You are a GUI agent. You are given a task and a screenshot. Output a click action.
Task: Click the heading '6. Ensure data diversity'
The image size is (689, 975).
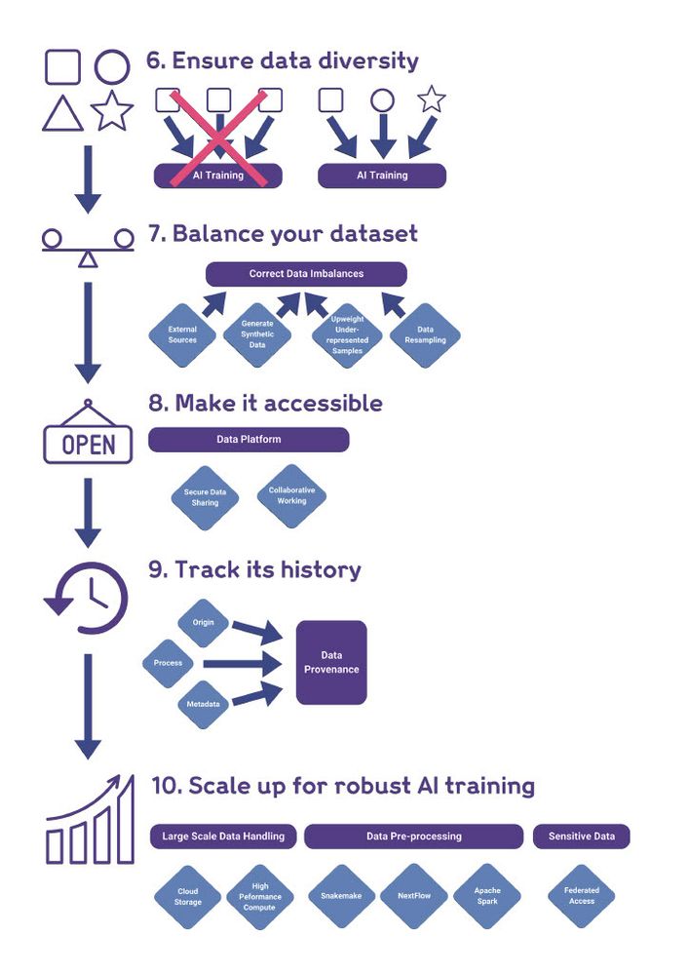point(283,60)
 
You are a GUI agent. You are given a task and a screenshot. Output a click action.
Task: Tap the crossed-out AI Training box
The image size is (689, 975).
point(218,175)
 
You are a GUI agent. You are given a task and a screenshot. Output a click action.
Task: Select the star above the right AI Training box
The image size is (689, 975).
point(432,98)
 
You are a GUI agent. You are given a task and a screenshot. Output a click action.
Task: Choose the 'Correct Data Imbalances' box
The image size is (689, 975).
point(306,274)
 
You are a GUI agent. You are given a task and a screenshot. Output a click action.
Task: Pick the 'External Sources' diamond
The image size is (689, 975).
point(182,335)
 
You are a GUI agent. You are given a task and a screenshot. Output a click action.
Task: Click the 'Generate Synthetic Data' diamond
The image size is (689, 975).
point(257,335)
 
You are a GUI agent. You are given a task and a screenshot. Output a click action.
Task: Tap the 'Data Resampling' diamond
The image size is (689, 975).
point(426,335)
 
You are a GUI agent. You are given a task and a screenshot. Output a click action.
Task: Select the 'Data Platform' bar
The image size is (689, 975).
point(249,440)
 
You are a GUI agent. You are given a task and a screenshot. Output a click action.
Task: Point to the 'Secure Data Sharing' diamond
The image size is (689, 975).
point(205,497)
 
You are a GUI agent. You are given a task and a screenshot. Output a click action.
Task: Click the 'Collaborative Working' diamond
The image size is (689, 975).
point(292,495)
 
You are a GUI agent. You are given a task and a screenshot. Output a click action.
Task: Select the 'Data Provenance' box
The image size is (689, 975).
point(331,663)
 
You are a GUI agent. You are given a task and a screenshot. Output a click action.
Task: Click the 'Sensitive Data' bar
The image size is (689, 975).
point(581,837)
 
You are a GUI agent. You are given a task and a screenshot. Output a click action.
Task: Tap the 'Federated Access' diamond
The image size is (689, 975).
point(582,896)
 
